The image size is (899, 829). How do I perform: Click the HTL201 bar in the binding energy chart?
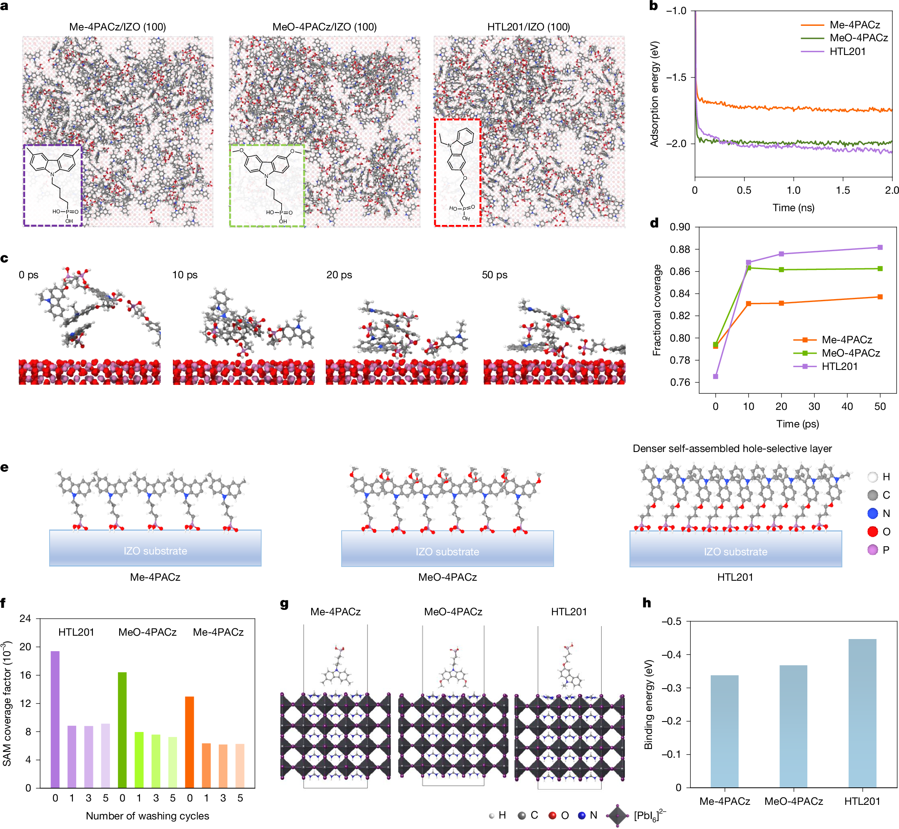click(862, 713)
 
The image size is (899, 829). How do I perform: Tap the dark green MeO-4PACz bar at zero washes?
click(122, 730)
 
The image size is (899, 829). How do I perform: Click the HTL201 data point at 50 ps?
click(880, 247)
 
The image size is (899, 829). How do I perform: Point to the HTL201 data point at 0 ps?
click(716, 376)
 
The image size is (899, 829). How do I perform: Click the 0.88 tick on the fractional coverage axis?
click(679, 250)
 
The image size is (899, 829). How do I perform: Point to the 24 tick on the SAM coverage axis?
click(25, 619)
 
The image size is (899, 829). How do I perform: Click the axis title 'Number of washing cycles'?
click(147, 816)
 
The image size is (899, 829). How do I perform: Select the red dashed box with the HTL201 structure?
click(457, 172)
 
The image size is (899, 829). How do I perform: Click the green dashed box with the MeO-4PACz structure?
click(267, 185)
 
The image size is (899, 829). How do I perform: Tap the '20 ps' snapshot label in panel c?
click(339, 275)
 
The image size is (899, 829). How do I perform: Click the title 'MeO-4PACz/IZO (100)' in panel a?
click(325, 27)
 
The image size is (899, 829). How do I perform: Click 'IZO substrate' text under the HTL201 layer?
click(735, 552)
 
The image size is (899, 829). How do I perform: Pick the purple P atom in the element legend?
click(872, 549)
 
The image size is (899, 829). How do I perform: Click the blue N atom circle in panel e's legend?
click(872, 513)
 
